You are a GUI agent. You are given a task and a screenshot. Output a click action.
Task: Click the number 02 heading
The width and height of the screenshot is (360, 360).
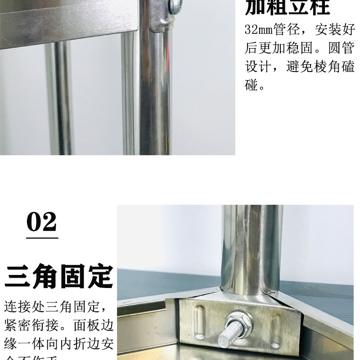coord(42,221)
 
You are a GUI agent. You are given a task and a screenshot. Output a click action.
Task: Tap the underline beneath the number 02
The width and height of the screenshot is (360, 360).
coord(42,237)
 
